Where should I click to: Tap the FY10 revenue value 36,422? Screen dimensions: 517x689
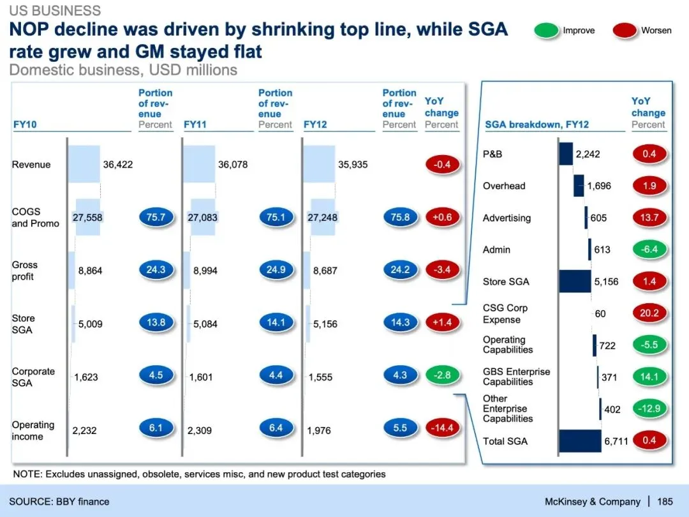(x=118, y=165)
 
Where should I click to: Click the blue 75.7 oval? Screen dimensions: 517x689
(x=156, y=218)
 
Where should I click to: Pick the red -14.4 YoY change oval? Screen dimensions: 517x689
(x=442, y=428)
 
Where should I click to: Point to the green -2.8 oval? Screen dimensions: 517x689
(x=442, y=375)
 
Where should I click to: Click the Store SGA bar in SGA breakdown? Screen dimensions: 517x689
(x=575, y=281)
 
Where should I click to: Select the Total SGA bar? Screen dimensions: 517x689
(x=580, y=441)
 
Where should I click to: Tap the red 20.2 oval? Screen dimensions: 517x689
(x=649, y=313)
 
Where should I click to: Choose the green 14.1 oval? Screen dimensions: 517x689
(x=649, y=377)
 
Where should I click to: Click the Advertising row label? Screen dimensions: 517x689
(x=507, y=218)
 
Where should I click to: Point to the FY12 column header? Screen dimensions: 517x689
(x=315, y=124)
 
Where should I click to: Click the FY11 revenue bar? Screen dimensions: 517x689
(x=199, y=164)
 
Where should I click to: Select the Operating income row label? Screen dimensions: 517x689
(x=33, y=431)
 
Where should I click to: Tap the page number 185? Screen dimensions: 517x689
(x=665, y=502)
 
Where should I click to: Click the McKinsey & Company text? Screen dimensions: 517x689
(x=592, y=502)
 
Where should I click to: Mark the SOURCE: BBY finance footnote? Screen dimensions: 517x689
(x=59, y=502)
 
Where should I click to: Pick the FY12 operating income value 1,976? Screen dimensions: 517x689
(x=319, y=431)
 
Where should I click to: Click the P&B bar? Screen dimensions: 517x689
(x=566, y=154)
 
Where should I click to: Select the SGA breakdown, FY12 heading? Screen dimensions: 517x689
(x=537, y=124)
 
